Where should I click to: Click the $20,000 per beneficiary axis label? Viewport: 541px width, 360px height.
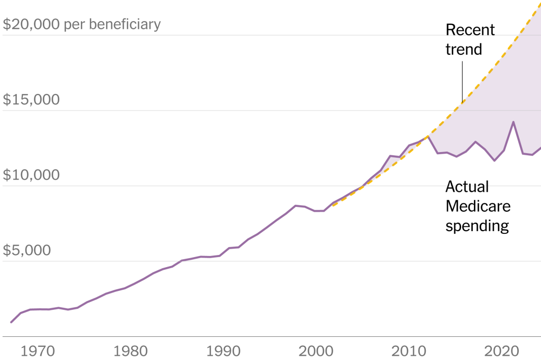82,24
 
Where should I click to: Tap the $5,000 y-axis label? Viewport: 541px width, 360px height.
27,250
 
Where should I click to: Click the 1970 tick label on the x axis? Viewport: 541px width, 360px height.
36,350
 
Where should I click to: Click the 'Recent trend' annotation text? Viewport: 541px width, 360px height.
470,40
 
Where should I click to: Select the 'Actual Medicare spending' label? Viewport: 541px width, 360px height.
478,206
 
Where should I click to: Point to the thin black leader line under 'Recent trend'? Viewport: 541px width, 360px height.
462,82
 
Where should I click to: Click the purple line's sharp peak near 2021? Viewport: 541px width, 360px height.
513,122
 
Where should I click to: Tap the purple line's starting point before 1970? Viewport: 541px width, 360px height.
11,322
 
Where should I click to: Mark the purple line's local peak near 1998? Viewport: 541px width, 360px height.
296,205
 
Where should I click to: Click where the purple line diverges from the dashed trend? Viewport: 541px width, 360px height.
428,136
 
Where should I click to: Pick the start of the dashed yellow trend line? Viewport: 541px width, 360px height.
332,205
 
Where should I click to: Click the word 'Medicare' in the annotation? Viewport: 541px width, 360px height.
478,206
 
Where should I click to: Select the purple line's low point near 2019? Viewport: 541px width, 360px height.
494,160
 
